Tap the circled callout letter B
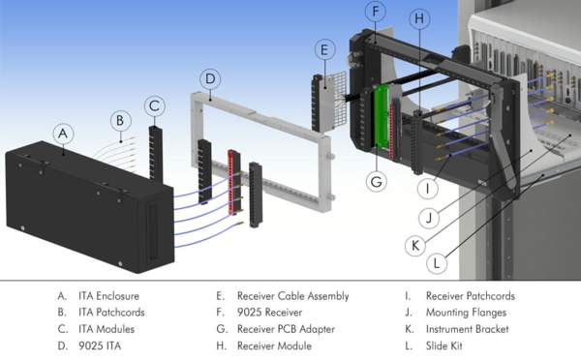119,121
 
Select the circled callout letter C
155,105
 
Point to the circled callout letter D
212,77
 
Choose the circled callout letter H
418,18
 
